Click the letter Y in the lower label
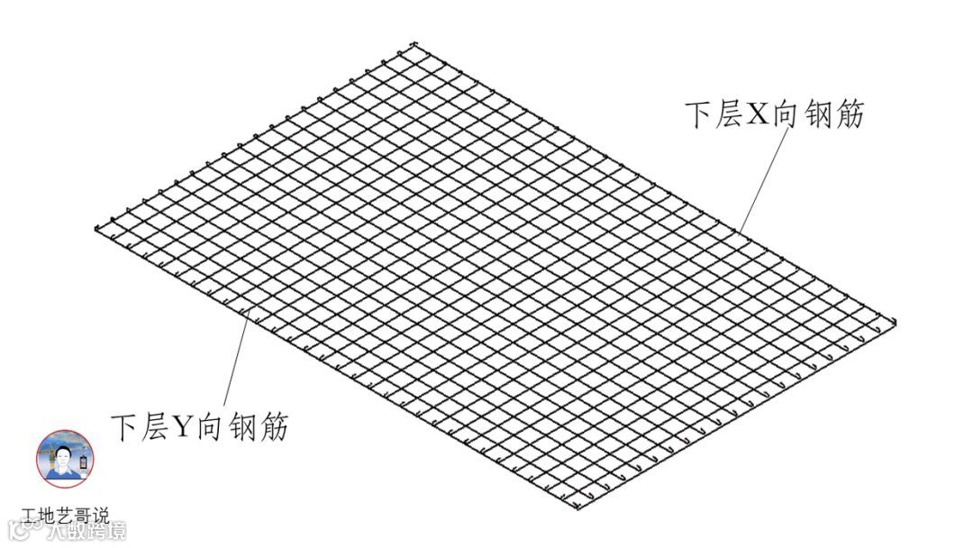tap(184, 425)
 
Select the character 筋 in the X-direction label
tap(848, 114)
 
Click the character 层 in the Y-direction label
tap(153, 425)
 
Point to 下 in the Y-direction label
tap(124, 425)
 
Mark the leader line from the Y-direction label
tap(232, 361)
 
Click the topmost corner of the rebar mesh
tap(414, 43)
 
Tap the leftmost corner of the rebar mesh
tap(95, 228)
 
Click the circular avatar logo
tap(64, 459)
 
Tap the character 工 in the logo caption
tap(31, 516)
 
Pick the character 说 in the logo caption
tap(100, 516)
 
